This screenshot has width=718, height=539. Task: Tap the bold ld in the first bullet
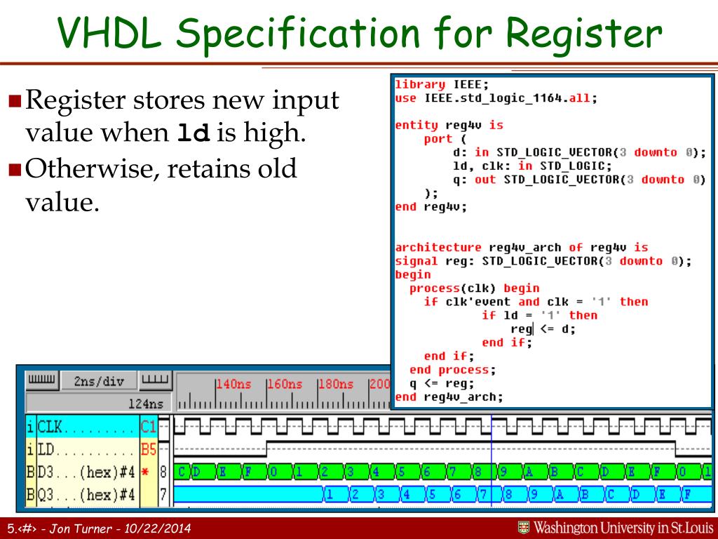194,133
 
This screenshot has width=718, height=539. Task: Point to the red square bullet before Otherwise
15,169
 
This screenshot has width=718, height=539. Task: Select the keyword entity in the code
416,125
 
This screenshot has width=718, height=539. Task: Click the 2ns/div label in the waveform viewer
99,382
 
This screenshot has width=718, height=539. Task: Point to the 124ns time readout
146,404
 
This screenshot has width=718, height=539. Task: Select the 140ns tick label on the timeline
233,384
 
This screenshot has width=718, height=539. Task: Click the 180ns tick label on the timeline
336,384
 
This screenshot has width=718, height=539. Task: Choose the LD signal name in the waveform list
46,448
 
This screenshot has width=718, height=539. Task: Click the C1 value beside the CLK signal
149,425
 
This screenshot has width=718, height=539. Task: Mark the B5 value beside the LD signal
149,448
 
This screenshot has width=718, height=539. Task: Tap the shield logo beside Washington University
523,527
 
